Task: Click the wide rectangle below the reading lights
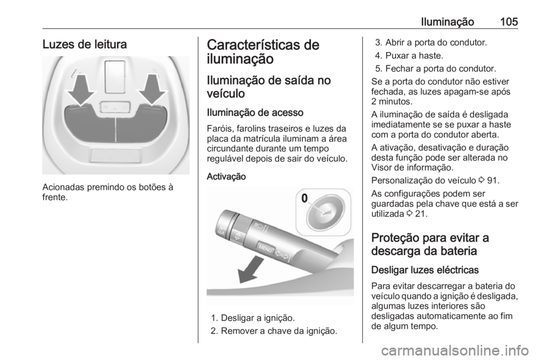(x=116, y=156)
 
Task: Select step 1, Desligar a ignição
(x=262, y=318)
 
